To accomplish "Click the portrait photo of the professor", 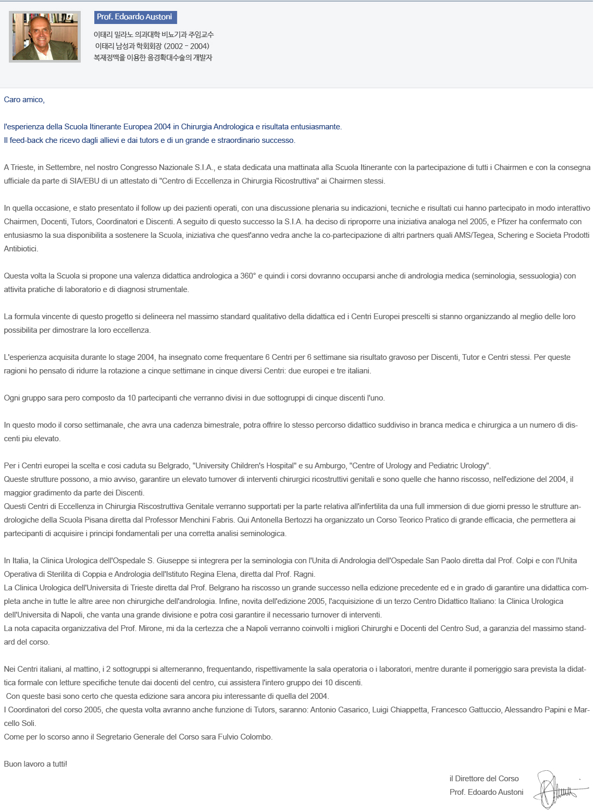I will tap(45, 37).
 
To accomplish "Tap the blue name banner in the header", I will tap(135, 17).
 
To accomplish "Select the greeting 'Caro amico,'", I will tap(24, 100).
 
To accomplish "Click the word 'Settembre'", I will tap(63, 167).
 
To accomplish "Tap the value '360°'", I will tap(248, 276).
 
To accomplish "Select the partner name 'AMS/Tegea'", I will tap(473, 235).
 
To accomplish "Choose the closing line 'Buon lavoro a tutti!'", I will tap(35, 764).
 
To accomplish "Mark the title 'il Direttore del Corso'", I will tap(484, 779).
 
